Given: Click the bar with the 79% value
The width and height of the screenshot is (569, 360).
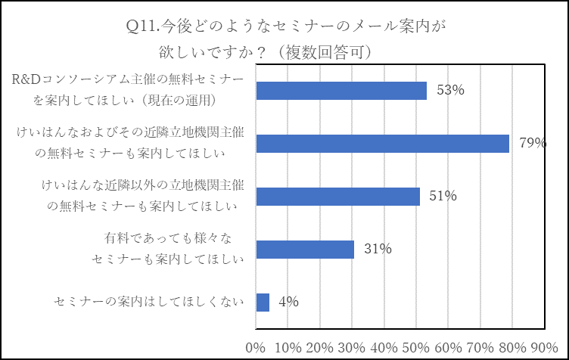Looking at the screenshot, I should tap(382, 143).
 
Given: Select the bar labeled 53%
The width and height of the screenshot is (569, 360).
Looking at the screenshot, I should tap(341, 91).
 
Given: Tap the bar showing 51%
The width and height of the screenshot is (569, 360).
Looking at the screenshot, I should tap(337, 197).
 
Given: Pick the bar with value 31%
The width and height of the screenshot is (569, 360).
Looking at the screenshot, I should tap(305, 250).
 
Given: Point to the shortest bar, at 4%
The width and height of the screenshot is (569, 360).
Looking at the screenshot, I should tap(263, 303).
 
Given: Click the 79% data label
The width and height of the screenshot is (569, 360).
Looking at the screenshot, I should tap(532, 143).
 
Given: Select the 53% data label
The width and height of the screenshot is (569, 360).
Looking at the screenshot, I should tap(449, 90).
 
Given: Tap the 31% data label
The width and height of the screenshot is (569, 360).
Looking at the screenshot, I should tap(377, 249).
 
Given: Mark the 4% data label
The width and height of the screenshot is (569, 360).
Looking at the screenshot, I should tap(288, 302).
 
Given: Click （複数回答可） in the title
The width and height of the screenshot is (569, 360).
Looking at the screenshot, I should tap(326, 52).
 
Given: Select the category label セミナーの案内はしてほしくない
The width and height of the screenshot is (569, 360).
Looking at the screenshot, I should tap(149, 303).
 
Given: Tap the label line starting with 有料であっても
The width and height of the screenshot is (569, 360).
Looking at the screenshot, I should tap(167, 239).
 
